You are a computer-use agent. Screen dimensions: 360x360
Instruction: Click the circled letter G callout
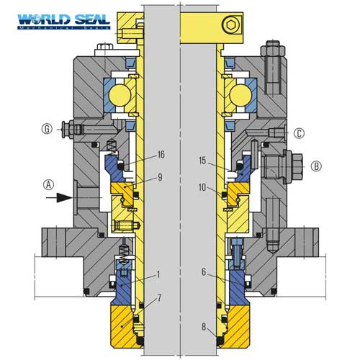(x=46, y=130)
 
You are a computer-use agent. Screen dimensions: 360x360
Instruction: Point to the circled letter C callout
(x=300, y=132)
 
